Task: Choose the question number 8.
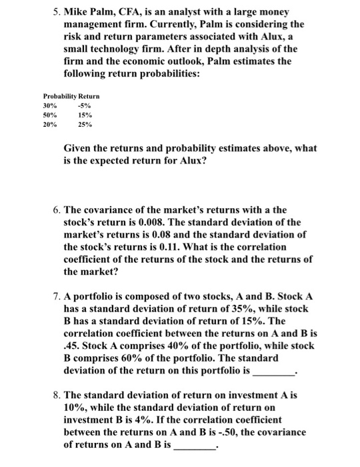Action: (56, 395)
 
